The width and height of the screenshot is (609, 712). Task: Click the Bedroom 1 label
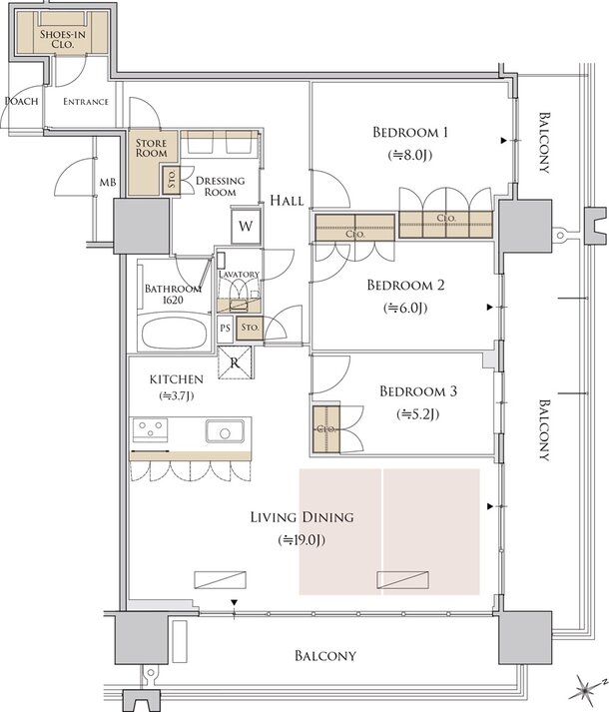[411, 133]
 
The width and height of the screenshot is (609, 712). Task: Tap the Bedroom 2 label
[405, 286]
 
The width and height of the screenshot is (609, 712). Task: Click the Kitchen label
[177, 379]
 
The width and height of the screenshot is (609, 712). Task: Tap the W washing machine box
[245, 225]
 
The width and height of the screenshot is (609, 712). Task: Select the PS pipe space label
[225, 328]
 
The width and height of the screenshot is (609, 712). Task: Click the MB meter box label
[107, 183]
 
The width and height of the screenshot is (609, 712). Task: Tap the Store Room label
[152, 148]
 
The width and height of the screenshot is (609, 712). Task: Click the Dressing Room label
[216, 186]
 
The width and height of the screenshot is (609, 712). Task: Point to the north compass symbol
[586, 688]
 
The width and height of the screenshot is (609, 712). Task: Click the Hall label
[287, 201]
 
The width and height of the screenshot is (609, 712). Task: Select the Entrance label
[85, 102]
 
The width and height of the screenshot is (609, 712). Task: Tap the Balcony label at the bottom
[324, 656]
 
